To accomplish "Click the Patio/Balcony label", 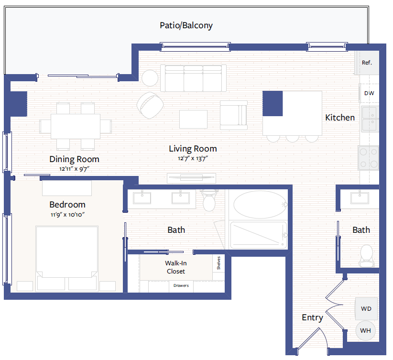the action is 186,25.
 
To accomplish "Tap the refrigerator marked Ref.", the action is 366,63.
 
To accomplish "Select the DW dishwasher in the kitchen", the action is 369,93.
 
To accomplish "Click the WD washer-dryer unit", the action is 366,309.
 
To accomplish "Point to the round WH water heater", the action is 366,331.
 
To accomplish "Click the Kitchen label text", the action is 340,118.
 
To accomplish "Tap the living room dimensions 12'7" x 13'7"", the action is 193,158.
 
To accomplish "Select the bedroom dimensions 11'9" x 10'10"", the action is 67,215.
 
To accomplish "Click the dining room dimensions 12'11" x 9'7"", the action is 74,169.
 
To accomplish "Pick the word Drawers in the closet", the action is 181,285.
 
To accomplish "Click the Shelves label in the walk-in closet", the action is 218,263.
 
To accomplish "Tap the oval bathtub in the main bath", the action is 260,205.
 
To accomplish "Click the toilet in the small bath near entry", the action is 366,256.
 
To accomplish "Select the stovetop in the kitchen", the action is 369,158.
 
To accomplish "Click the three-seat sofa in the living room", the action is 193,78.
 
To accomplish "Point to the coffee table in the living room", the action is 193,120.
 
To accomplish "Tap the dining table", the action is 76,126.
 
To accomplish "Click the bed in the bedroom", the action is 67,259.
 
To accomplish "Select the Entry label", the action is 312,318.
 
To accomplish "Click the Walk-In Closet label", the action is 175,267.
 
